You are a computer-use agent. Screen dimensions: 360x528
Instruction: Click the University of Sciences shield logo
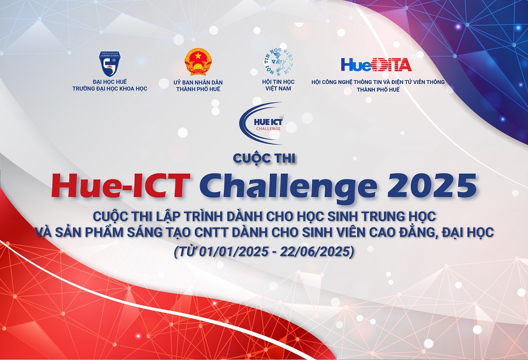tap(110, 63)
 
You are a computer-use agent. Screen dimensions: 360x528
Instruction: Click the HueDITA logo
tap(376, 64)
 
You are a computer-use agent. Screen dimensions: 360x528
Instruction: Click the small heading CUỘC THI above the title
tap(264, 157)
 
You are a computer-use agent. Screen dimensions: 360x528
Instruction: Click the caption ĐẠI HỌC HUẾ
tap(110, 82)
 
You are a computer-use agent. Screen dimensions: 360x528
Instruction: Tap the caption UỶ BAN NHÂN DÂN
tap(198, 82)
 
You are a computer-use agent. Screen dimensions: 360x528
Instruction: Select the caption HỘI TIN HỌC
tap(278, 82)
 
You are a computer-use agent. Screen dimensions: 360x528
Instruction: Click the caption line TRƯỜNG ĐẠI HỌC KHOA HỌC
tap(110, 89)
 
